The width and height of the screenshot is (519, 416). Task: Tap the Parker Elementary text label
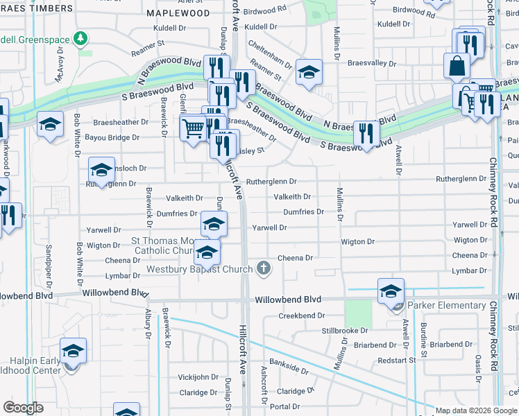click(x=446, y=305)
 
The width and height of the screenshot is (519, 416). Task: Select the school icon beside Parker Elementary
click(x=391, y=291)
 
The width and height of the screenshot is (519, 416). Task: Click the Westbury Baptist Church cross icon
click(x=263, y=268)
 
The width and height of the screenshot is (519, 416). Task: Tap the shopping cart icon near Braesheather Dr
click(x=192, y=127)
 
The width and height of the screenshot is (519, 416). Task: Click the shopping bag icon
click(x=458, y=67)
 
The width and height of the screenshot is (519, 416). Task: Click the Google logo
click(x=24, y=408)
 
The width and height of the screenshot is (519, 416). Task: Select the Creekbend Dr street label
click(x=302, y=315)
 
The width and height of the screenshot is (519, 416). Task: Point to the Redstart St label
click(x=397, y=361)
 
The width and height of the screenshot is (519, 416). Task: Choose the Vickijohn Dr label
click(x=198, y=377)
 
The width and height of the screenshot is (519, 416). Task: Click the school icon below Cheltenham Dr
click(x=308, y=71)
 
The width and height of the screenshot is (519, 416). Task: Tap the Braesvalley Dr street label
click(x=373, y=62)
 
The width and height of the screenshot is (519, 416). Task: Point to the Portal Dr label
click(x=284, y=406)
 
